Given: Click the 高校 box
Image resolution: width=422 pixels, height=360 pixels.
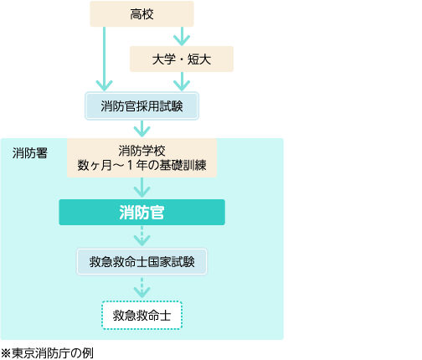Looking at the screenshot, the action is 142,14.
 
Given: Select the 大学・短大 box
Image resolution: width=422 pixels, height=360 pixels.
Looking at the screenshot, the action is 182,59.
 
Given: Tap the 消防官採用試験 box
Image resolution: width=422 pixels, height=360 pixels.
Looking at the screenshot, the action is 142,106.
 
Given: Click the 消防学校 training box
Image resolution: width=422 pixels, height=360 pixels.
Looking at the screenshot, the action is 142,158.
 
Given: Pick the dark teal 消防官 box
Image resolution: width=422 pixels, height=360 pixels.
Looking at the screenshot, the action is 142,213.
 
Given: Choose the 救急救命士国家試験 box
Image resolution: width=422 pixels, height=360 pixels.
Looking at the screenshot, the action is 142,262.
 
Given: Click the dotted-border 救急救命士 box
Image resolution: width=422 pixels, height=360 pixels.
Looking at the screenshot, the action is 142,316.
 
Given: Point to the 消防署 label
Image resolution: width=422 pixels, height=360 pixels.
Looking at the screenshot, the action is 30,153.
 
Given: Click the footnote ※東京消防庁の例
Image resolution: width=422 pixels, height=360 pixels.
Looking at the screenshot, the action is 47,353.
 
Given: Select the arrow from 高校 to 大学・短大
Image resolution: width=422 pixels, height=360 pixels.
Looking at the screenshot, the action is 182,37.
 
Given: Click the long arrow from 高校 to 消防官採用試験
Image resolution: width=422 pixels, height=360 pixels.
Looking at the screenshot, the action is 104,59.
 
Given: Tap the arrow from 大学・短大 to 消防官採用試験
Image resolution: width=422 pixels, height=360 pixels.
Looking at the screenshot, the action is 182,81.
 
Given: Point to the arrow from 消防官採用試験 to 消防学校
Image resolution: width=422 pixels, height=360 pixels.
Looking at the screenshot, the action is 142,129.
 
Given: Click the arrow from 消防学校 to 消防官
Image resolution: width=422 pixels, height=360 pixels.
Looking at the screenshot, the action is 142,188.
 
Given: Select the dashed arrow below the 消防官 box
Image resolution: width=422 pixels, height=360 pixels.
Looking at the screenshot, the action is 142,236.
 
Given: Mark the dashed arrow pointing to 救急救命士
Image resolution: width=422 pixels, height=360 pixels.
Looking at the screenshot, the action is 142,288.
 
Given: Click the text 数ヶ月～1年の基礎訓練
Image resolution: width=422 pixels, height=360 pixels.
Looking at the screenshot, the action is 142,166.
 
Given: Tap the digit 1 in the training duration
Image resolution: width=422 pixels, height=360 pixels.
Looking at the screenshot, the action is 130,166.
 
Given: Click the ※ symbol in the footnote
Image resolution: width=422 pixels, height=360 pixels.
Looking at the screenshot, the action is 6,353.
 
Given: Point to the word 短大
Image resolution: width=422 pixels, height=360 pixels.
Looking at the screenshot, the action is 199,59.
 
